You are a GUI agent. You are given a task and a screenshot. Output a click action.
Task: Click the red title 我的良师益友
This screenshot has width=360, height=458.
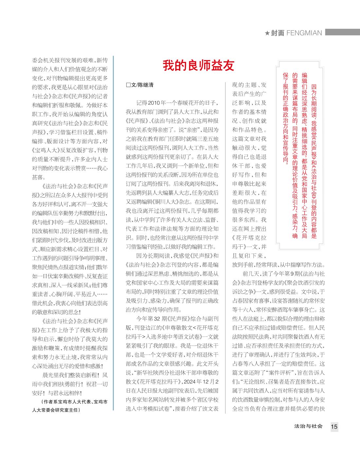[199, 66]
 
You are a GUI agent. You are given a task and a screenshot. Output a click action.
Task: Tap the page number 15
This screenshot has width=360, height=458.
[334, 427]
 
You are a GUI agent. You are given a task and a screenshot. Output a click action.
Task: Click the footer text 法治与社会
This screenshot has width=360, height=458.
[308, 426]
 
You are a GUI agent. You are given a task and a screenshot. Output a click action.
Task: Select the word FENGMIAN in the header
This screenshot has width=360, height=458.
[304, 33]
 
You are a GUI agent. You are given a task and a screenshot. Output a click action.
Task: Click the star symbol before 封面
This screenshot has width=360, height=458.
[267, 33]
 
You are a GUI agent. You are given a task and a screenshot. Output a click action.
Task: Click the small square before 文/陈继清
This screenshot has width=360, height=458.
[128, 85]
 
